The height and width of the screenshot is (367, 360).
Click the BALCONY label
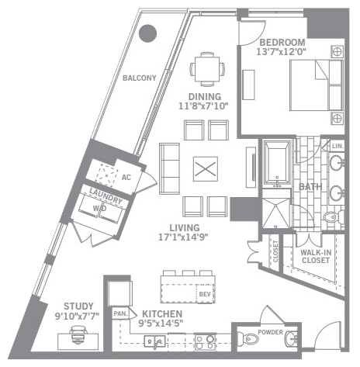(140, 78)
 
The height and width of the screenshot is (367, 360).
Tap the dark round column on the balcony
(147, 33)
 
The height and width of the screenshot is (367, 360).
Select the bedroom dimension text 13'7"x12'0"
(282, 52)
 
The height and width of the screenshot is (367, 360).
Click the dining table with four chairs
(207, 69)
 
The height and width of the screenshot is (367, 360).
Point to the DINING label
(205, 97)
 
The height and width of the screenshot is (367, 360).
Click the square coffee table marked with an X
(206, 169)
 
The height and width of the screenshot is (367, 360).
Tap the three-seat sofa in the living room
(169, 168)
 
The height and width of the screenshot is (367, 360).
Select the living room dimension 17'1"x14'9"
(183, 237)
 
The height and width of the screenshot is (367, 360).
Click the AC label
(126, 178)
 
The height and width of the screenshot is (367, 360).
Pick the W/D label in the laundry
(99, 209)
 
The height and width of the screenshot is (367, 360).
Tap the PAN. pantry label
(120, 313)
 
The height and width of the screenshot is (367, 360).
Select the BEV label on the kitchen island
(205, 294)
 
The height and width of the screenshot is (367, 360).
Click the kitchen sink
(155, 341)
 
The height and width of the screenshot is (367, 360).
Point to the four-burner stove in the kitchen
(205, 341)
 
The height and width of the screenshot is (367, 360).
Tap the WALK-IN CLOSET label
(316, 256)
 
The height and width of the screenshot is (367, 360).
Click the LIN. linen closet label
(337, 146)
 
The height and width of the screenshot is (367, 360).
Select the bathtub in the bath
(277, 162)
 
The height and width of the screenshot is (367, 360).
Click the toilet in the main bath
(333, 216)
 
